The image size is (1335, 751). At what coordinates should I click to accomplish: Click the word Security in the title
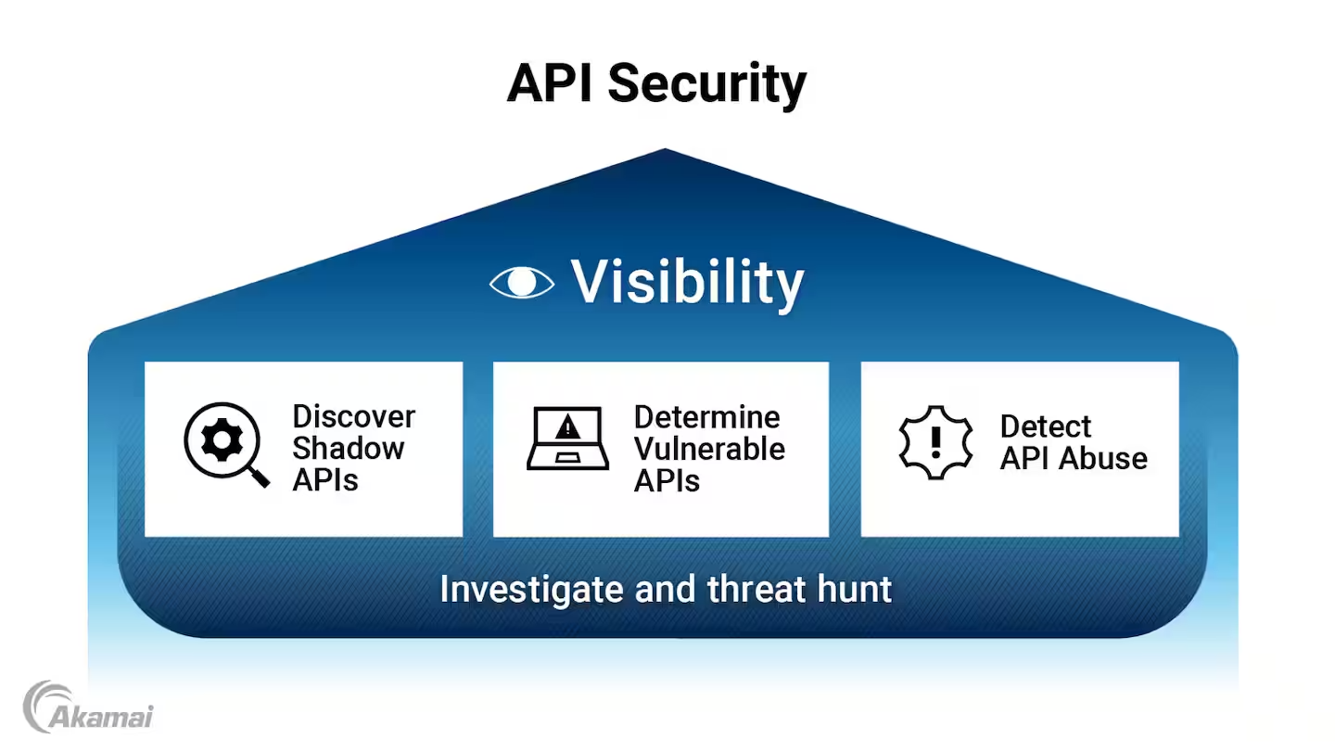(707, 85)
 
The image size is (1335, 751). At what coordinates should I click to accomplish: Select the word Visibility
(687, 282)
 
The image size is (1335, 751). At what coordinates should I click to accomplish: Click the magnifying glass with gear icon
(225, 444)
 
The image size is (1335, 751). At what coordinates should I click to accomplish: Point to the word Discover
(353, 416)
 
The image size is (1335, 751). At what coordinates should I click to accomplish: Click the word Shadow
(349, 448)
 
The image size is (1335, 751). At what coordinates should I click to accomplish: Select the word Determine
(706, 416)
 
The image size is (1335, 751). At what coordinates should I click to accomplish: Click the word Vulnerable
(709, 449)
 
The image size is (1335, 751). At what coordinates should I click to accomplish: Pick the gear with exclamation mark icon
(936, 442)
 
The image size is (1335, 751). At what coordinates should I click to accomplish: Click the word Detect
(1045, 426)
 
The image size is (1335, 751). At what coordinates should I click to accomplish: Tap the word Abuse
(1105, 458)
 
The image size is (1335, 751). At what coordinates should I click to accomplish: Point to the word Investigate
(532, 589)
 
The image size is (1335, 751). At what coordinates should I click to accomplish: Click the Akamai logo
(88, 707)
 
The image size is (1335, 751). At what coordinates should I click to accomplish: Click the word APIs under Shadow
(325, 479)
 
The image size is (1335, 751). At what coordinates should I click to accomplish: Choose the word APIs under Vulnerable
(667, 480)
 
